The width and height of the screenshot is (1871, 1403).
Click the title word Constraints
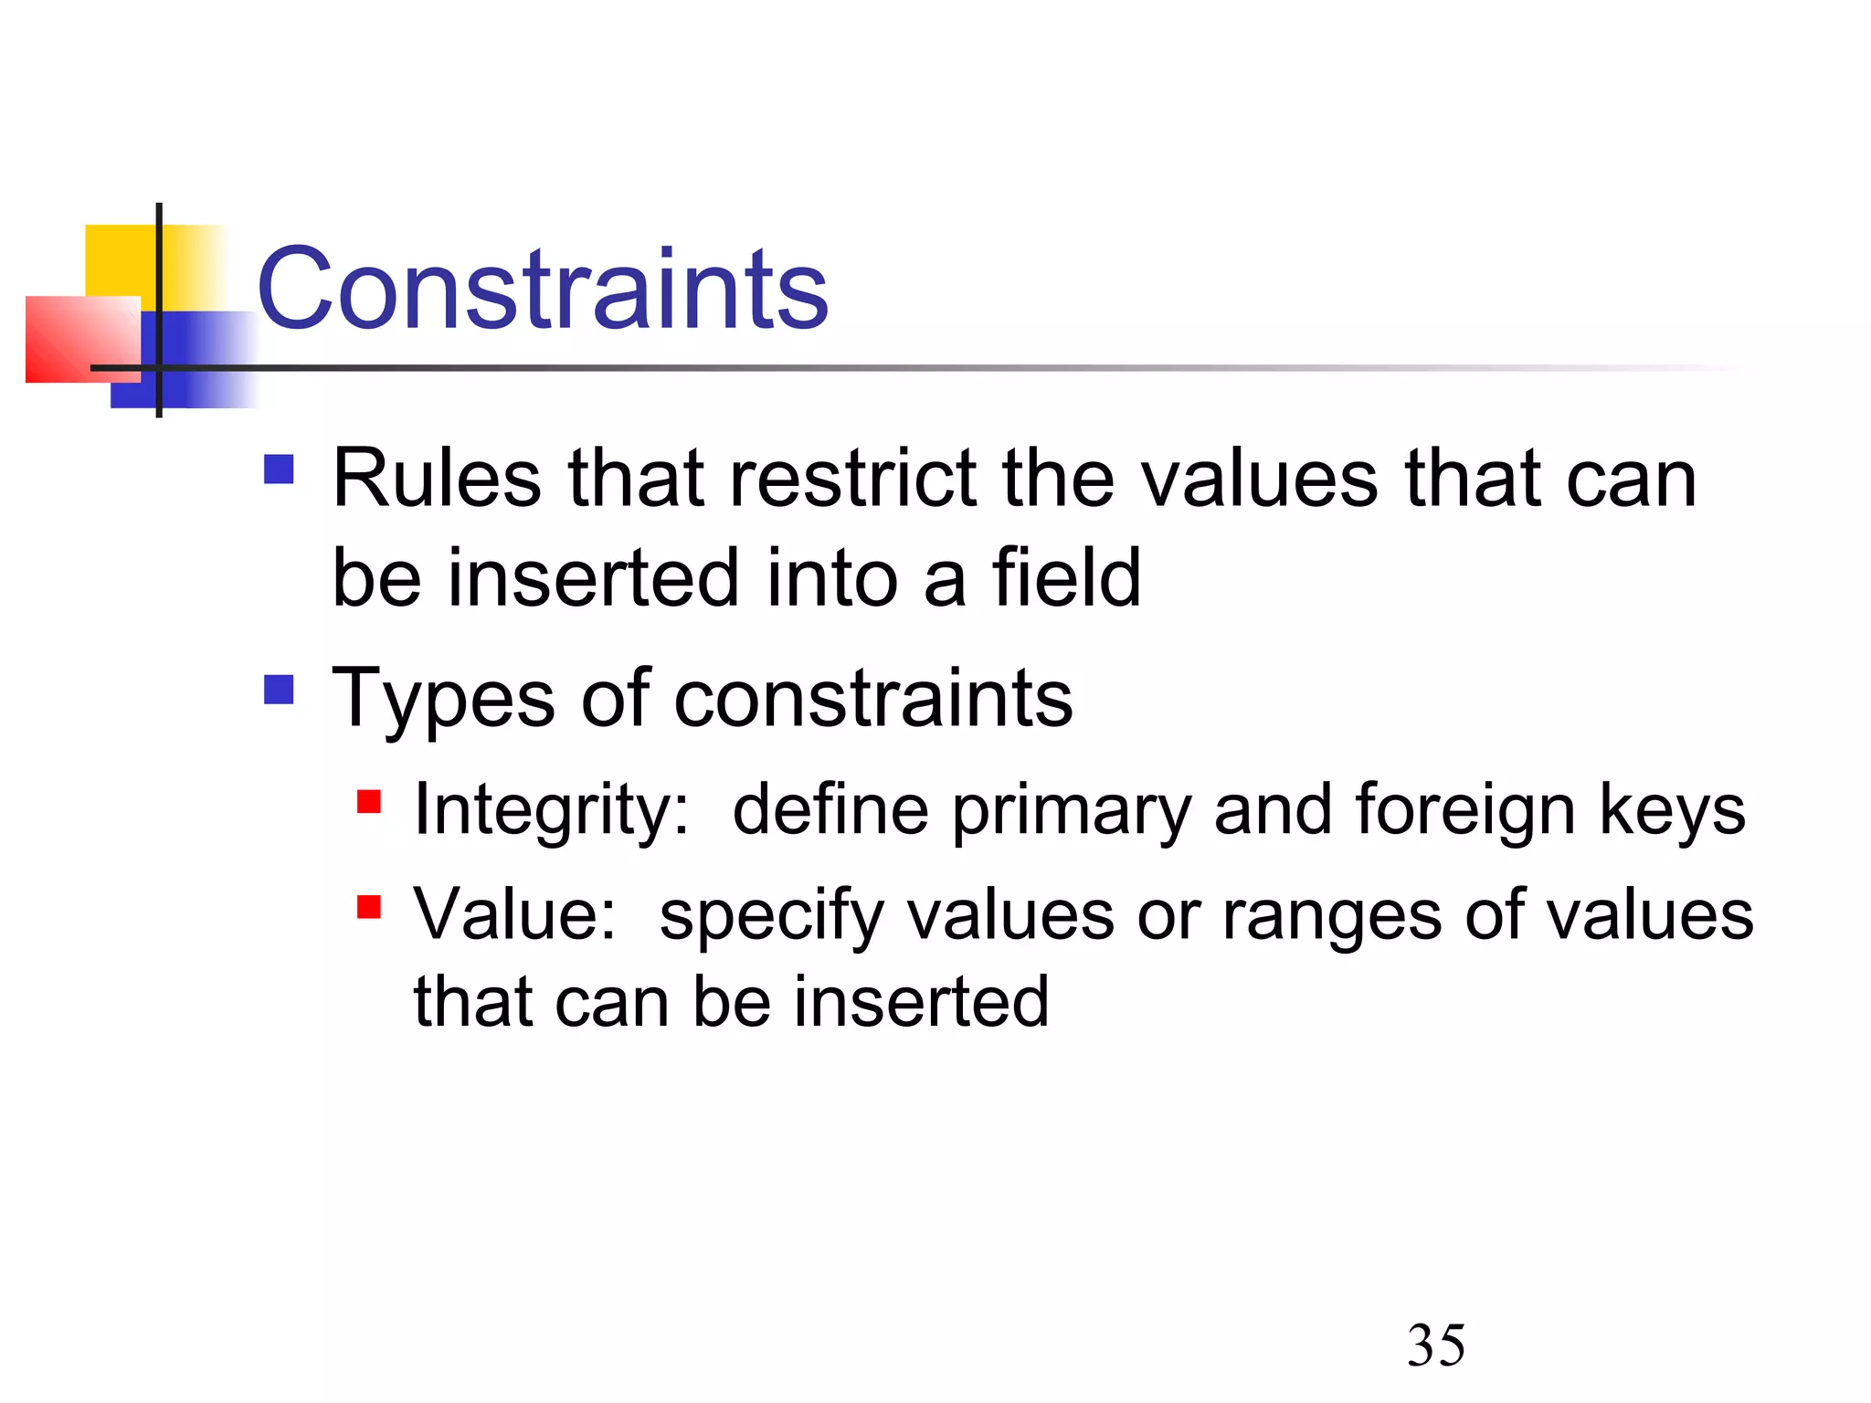[x=543, y=290]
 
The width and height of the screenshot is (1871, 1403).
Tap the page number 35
[x=1436, y=1345]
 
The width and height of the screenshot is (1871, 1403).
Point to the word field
[x=1066, y=578]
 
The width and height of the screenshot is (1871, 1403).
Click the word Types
[x=443, y=700]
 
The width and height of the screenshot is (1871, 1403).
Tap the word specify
[x=772, y=916]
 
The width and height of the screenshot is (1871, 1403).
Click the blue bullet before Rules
[x=279, y=469]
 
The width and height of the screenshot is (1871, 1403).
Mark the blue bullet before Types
[x=279, y=690]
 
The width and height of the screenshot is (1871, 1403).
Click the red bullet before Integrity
[x=369, y=802]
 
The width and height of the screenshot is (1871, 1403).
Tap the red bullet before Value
[x=369, y=907]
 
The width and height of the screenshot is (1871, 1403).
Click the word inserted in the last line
[x=921, y=1002]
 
